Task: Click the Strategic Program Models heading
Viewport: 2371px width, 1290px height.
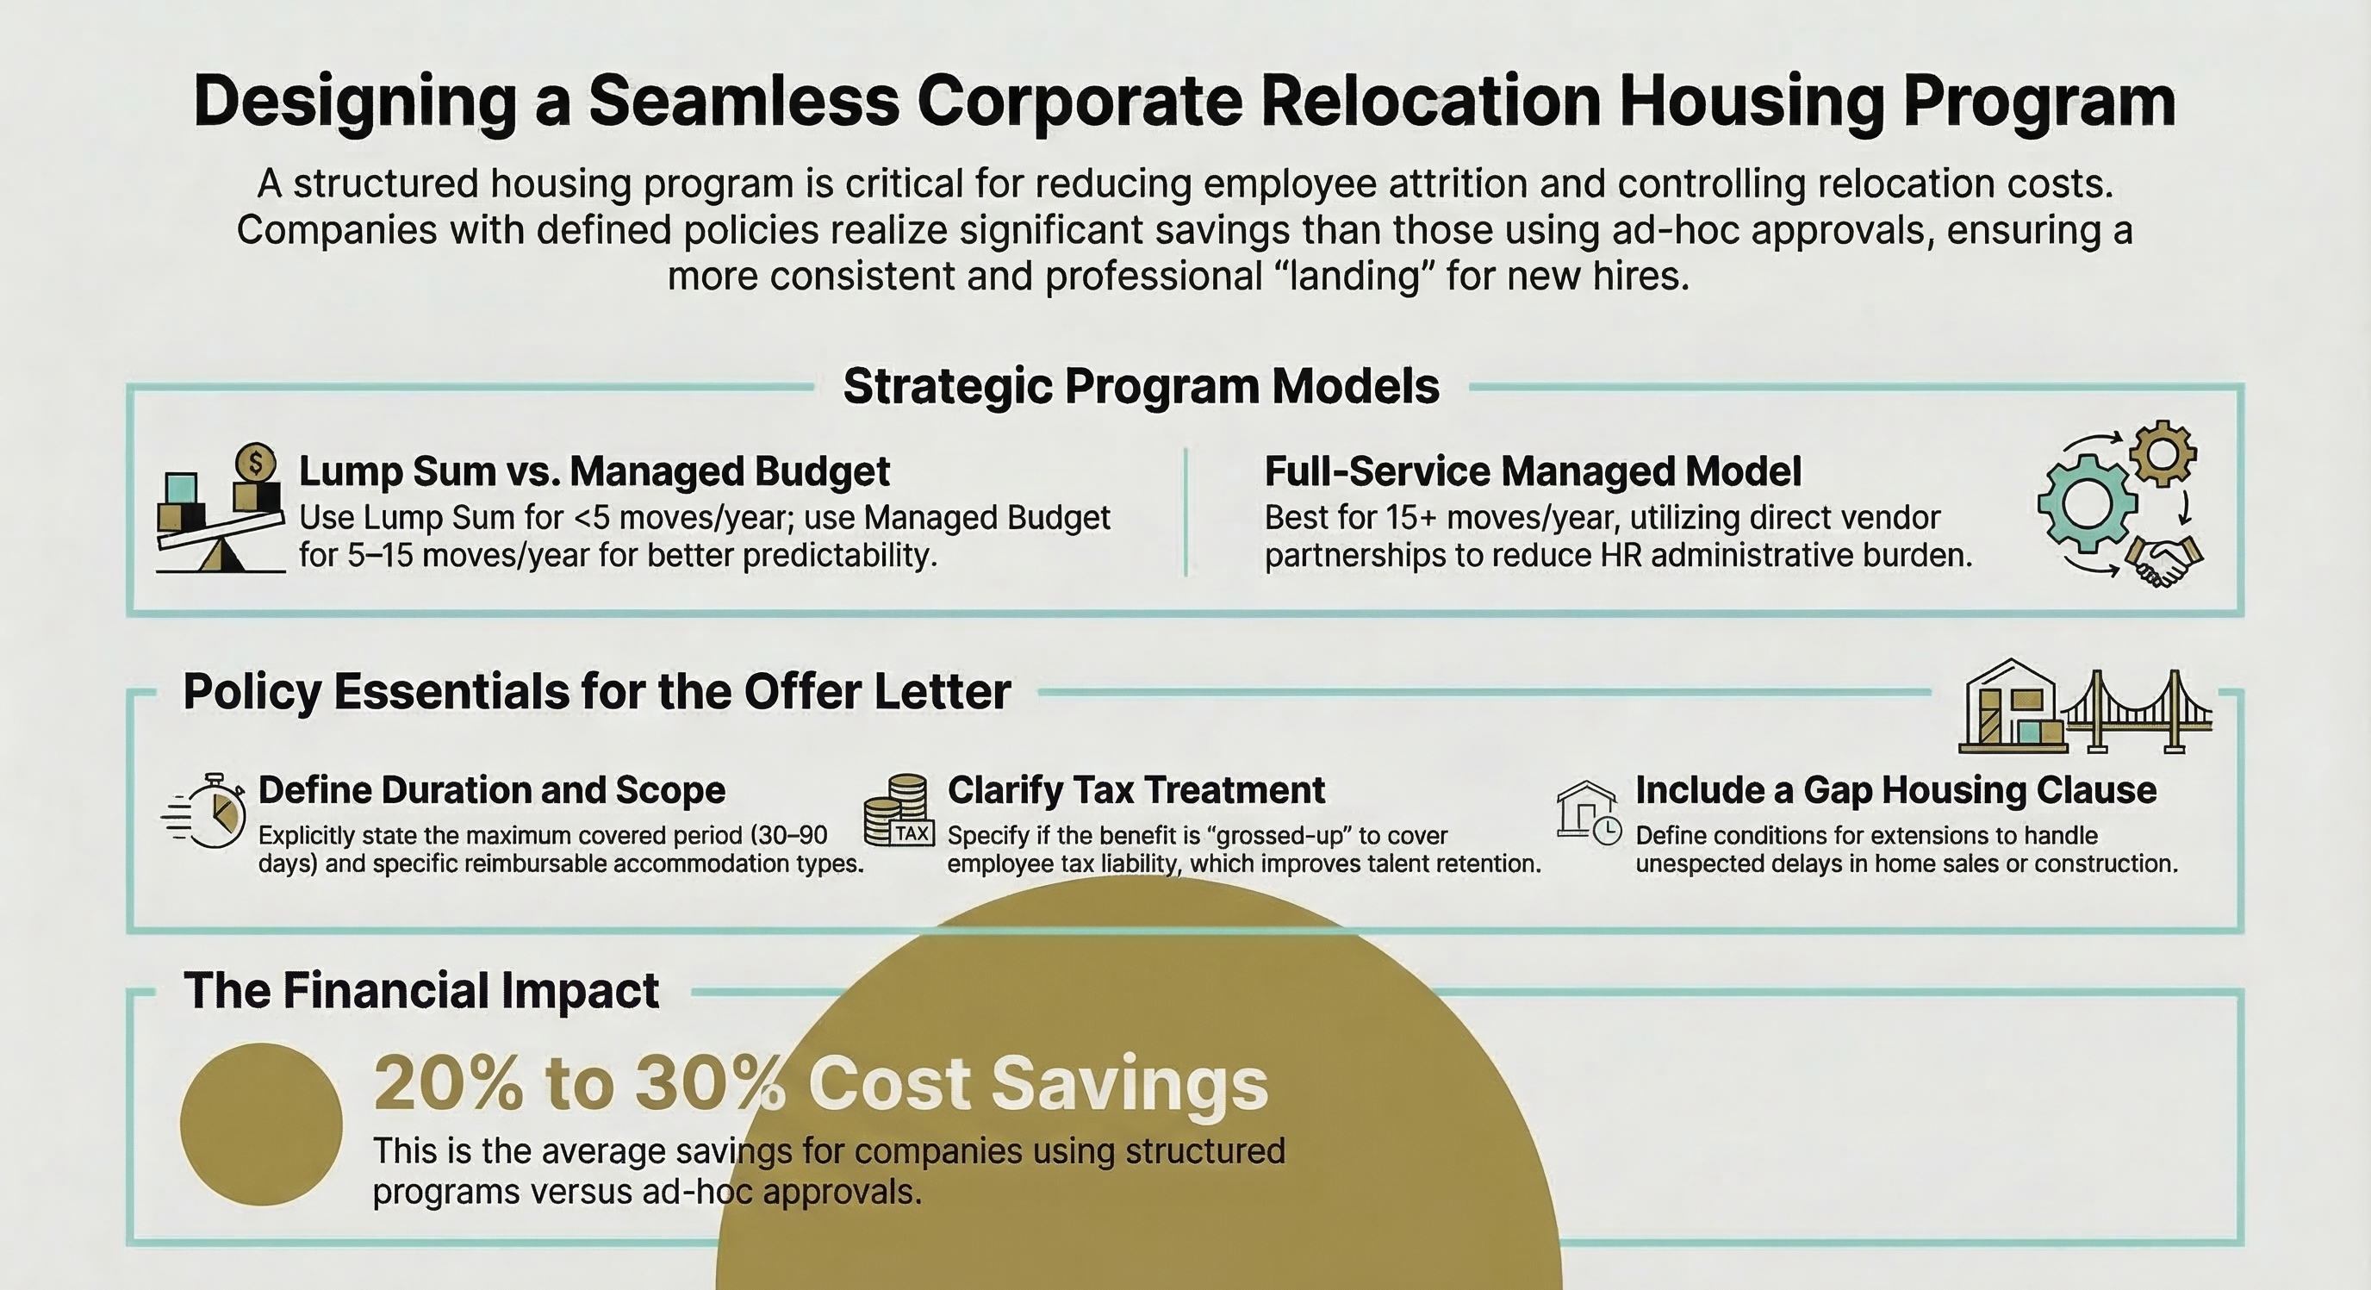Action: [x=1141, y=386]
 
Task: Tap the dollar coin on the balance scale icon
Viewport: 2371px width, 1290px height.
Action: [x=256, y=460]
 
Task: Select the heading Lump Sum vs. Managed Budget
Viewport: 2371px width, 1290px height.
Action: [x=594, y=471]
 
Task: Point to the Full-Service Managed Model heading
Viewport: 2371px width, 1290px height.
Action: [x=1532, y=471]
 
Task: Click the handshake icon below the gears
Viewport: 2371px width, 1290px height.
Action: [x=2163, y=560]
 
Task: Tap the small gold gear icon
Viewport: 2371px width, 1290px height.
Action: [x=2163, y=453]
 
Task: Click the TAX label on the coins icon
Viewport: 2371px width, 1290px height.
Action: [x=912, y=833]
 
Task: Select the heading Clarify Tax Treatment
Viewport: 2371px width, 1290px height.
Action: [x=1135, y=790]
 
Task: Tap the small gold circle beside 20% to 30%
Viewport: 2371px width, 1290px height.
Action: [x=261, y=1125]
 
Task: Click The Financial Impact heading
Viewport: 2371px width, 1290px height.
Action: [x=420, y=991]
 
